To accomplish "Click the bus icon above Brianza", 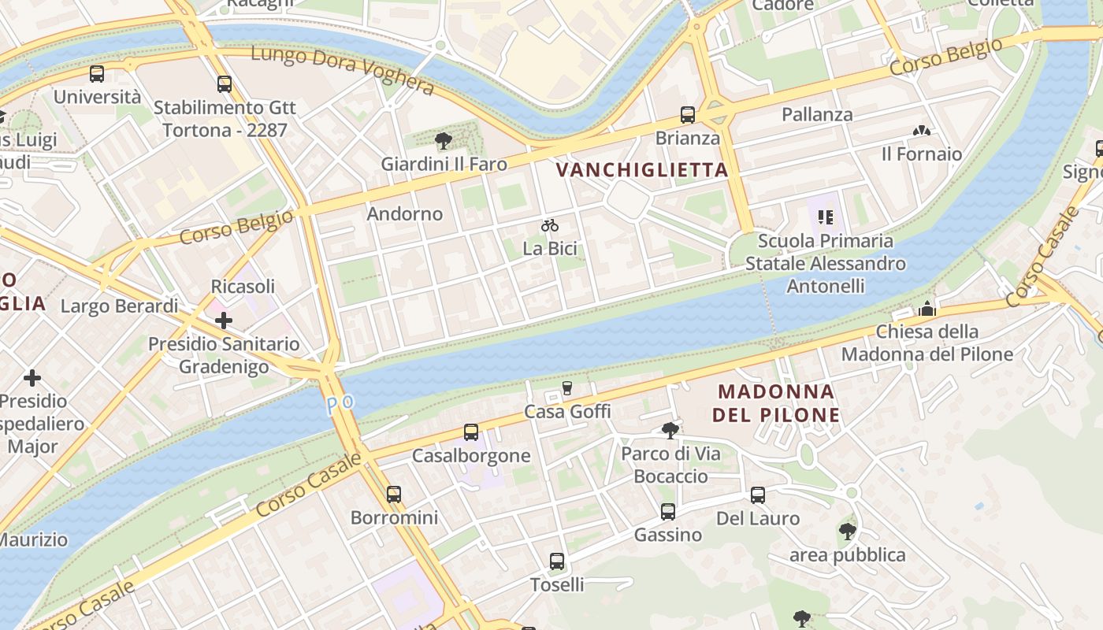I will tap(688, 115).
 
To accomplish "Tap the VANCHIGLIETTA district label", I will tap(642, 169).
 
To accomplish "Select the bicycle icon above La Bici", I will tap(550, 226).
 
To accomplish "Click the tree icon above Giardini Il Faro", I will tap(444, 141).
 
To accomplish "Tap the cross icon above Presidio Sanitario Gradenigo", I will tap(224, 321).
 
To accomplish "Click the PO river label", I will tap(341, 402).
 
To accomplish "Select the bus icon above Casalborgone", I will tap(471, 432).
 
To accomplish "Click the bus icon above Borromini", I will tap(394, 495).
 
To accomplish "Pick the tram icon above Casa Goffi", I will tap(566, 388).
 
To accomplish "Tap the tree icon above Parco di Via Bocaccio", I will tap(670, 430).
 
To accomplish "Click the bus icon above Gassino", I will tap(668, 512).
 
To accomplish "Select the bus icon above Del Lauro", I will tap(758, 495).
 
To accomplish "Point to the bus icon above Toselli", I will tap(557, 561).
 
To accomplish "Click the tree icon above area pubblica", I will tap(848, 532).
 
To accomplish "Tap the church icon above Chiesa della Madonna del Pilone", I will tap(927, 309).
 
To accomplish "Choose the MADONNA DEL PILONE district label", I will tap(776, 402).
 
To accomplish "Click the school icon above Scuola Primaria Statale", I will tap(825, 217).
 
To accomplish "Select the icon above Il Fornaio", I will tap(922, 131).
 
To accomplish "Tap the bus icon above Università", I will tap(97, 74).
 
